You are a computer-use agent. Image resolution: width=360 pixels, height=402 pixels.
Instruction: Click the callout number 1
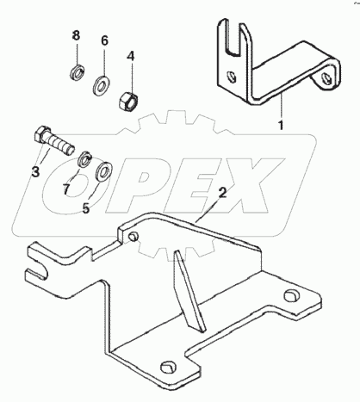click(x=281, y=125)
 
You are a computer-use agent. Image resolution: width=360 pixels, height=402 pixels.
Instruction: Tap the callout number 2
click(x=222, y=193)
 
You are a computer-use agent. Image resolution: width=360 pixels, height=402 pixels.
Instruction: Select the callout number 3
click(x=35, y=172)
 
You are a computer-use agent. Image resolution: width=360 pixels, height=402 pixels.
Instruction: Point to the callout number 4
click(x=131, y=56)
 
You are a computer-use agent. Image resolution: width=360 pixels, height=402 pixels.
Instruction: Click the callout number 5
click(x=86, y=208)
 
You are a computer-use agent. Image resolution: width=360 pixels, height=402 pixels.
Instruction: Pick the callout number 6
click(x=104, y=40)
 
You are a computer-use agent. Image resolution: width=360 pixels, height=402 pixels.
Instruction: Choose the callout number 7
click(x=66, y=189)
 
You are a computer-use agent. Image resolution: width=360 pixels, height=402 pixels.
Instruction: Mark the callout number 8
click(x=76, y=35)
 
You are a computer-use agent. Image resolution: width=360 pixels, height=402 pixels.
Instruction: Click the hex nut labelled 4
click(x=129, y=101)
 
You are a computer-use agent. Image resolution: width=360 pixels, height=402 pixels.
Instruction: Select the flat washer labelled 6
click(x=101, y=85)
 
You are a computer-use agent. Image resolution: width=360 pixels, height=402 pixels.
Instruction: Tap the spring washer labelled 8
click(x=77, y=73)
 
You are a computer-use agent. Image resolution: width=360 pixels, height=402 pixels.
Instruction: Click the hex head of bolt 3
click(x=42, y=134)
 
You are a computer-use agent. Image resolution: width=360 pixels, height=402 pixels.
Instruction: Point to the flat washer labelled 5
click(x=103, y=171)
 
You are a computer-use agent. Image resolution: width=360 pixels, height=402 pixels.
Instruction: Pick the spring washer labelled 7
click(x=85, y=158)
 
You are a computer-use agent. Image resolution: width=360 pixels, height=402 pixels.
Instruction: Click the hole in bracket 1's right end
click(x=326, y=78)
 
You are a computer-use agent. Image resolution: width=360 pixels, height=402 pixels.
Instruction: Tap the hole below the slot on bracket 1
click(x=230, y=77)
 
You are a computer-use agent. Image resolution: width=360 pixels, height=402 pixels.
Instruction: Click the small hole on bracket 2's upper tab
click(x=133, y=237)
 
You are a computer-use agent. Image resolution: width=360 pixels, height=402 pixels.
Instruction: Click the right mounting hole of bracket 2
click(x=292, y=296)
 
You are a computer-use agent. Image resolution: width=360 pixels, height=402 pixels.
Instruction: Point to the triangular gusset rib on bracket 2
click(x=189, y=290)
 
